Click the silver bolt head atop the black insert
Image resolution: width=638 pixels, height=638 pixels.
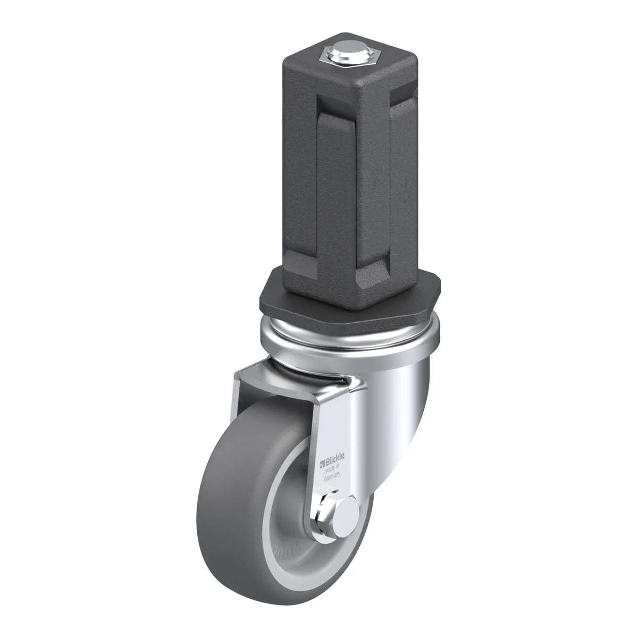tap(345, 52)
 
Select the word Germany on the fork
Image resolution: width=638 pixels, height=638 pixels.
tap(332, 477)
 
